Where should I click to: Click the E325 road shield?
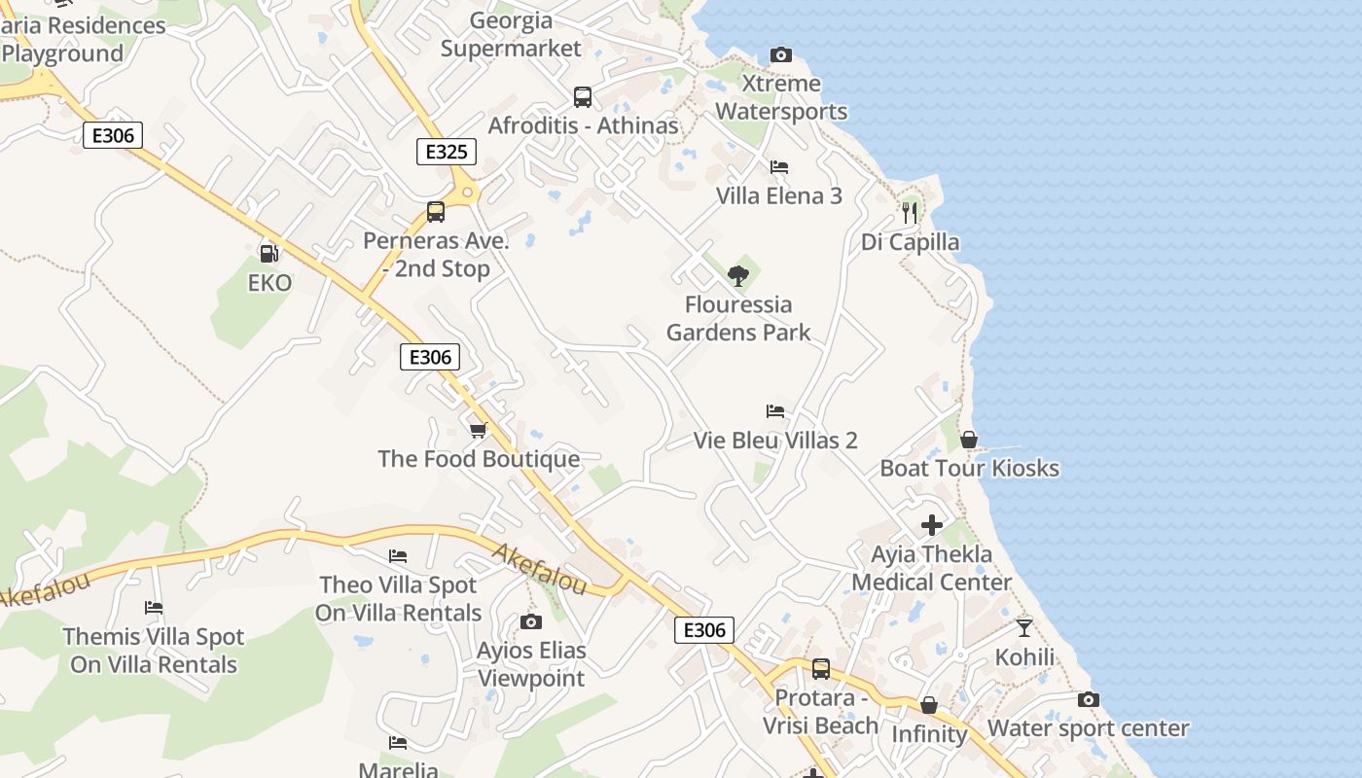[447, 152]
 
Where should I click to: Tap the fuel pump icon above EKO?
[269, 253]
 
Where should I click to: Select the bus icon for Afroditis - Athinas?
[583, 97]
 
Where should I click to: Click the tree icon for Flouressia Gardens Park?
[738, 275]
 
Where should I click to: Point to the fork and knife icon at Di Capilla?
[910, 212]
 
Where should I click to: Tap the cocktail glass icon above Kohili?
[1023, 627]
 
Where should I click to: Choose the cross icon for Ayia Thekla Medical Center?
[932, 525]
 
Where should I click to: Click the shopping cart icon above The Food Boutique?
[478, 430]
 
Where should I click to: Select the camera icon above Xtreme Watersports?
[780, 54]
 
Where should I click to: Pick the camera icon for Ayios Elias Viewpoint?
[530, 621]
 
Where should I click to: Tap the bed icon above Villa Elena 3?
[778, 167]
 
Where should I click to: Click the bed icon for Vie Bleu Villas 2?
[775, 411]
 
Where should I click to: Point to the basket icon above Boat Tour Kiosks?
[969, 440]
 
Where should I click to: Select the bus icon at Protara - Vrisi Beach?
[821, 669]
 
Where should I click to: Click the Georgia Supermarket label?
[511, 34]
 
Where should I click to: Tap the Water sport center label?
[1088, 728]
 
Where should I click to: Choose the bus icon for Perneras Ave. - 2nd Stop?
[436, 212]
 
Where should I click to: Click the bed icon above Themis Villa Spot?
[154, 608]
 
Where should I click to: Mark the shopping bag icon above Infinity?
[929, 705]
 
